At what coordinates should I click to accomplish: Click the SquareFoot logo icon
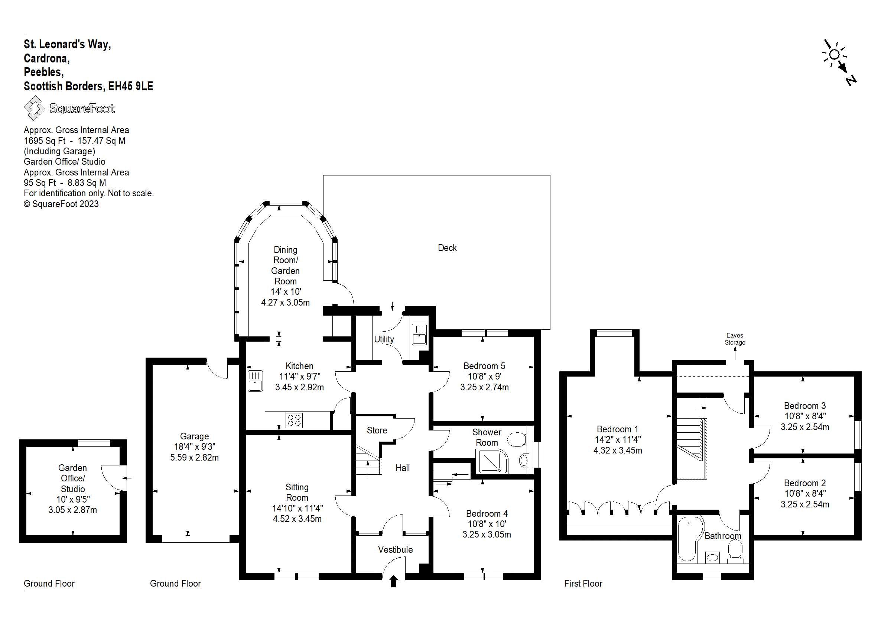[x=35, y=108]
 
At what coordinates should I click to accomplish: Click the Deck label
[x=447, y=248]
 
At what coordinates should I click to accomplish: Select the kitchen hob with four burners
[x=294, y=420]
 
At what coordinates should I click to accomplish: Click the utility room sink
[x=419, y=334]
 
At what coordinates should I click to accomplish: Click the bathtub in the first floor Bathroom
[x=690, y=539]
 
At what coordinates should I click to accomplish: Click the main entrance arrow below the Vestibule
[x=393, y=582]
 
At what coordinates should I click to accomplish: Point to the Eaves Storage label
[x=735, y=339]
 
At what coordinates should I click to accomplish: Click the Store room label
[x=377, y=430]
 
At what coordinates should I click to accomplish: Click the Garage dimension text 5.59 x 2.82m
[x=195, y=458]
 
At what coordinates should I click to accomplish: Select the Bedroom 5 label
[x=484, y=366]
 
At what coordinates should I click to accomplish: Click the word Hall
[x=403, y=468]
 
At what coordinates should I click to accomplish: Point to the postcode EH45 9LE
[x=130, y=86]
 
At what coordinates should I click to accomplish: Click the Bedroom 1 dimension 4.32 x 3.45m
[x=618, y=450]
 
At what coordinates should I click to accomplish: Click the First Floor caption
[x=583, y=584]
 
